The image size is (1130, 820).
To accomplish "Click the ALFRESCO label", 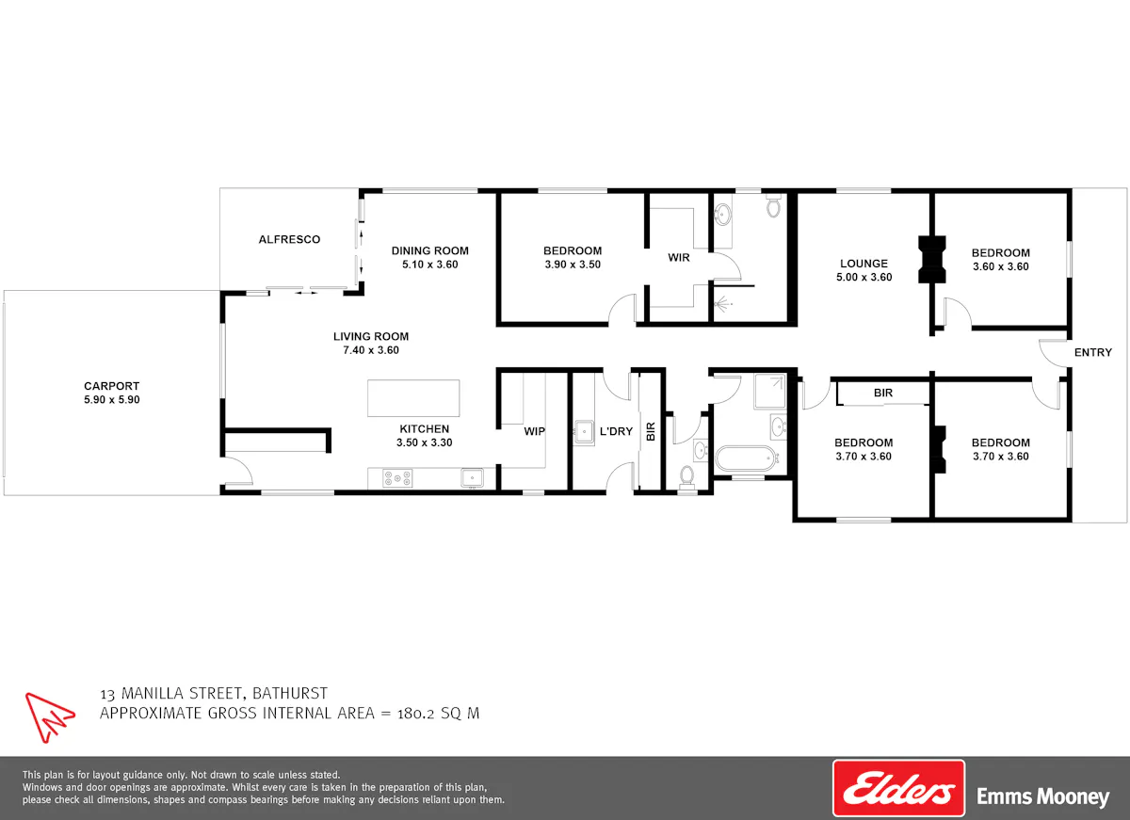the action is pyautogui.click(x=290, y=239).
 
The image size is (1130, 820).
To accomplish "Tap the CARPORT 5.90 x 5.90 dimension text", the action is pyautogui.click(x=112, y=399).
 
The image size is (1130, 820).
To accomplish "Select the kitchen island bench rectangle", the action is pyautogui.click(x=413, y=398).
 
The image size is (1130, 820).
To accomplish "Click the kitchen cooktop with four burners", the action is pyautogui.click(x=397, y=478).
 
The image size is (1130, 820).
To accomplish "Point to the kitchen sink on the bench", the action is pyautogui.click(x=472, y=478).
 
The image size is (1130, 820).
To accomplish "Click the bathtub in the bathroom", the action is pyautogui.click(x=745, y=458).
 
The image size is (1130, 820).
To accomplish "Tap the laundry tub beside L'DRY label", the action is pyautogui.click(x=584, y=432).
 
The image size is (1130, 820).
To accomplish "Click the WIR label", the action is pyautogui.click(x=679, y=258).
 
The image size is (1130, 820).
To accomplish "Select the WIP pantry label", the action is pyautogui.click(x=534, y=431).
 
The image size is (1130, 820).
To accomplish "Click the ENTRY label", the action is pyautogui.click(x=1093, y=352).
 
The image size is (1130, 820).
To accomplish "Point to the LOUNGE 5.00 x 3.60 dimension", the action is pyautogui.click(x=864, y=277).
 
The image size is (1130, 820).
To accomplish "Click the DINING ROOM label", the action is pyautogui.click(x=429, y=250).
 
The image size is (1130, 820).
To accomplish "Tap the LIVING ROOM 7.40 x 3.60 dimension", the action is pyautogui.click(x=371, y=350).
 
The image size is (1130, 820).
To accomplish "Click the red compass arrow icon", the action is pyautogui.click(x=49, y=716).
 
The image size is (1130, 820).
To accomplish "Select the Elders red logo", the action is pyautogui.click(x=898, y=788).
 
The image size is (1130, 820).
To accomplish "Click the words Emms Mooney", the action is pyautogui.click(x=1042, y=796).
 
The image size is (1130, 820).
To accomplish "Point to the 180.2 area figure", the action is pyautogui.click(x=415, y=714).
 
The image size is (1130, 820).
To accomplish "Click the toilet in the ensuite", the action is pyautogui.click(x=773, y=204).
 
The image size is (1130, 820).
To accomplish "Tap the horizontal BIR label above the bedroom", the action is pyautogui.click(x=883, y=393).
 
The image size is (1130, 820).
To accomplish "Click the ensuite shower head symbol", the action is pyautogui.click(x=723, y=303).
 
